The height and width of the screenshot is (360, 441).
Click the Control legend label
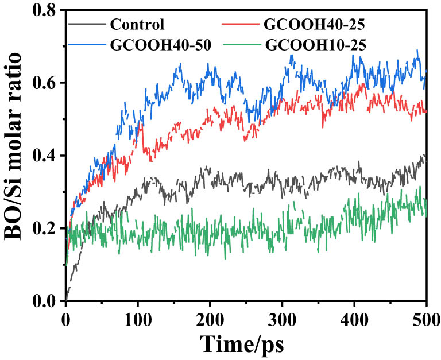tap(137, 25)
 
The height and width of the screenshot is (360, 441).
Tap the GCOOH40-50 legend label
tap(154, 44)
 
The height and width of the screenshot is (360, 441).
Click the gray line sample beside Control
tap(87, 24)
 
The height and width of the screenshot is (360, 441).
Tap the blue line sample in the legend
tap(87, 44)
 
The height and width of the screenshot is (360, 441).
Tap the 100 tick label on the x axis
tap(138, 318)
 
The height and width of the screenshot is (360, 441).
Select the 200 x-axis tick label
tap(210, 318)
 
